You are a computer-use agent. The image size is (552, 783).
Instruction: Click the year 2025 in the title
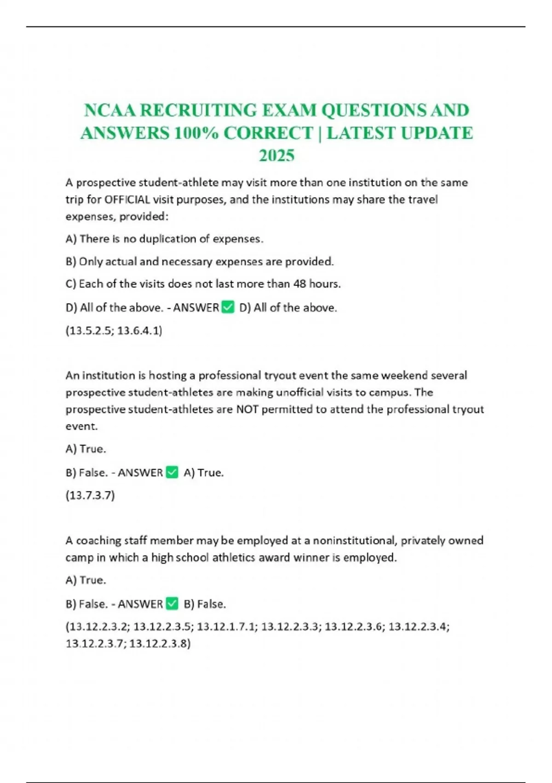(x=276, y=156)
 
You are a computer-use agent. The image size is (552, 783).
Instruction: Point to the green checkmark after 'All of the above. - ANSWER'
(x=228, y=307)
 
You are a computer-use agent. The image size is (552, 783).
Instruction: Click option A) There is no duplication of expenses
(x=164, y=239)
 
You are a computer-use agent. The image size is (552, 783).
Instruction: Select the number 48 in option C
(x=299, y=284)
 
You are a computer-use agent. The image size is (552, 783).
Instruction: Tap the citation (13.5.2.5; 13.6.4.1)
(x=114, y=330)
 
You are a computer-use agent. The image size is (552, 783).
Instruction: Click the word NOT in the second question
(x=247, y=409)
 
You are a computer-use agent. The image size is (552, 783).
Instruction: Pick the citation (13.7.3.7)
(x=90, y=495)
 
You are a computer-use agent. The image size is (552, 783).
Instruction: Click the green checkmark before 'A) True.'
(x=172, y=473)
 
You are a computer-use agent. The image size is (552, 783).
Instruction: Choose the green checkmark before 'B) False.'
(x=172, y=604)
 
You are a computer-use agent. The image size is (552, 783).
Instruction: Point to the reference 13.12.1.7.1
(x=226, y=626)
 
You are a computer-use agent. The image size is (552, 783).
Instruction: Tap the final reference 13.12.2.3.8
(x=160, y=643)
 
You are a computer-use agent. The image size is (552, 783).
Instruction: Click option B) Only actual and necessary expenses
(x=200, y=262)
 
